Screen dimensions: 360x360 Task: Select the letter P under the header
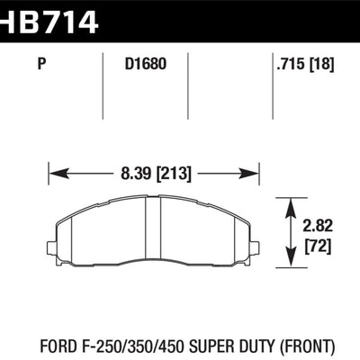coord(42,64)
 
